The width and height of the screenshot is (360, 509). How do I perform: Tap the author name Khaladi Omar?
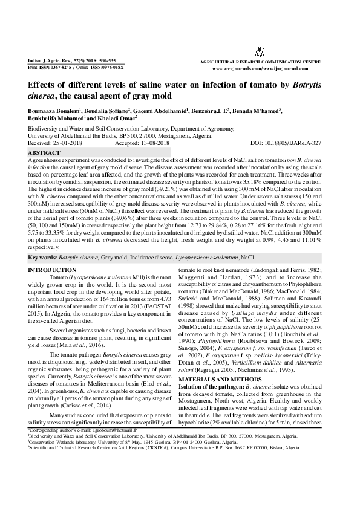click(114, 119)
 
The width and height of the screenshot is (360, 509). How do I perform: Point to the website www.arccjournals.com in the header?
click(238, 69)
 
